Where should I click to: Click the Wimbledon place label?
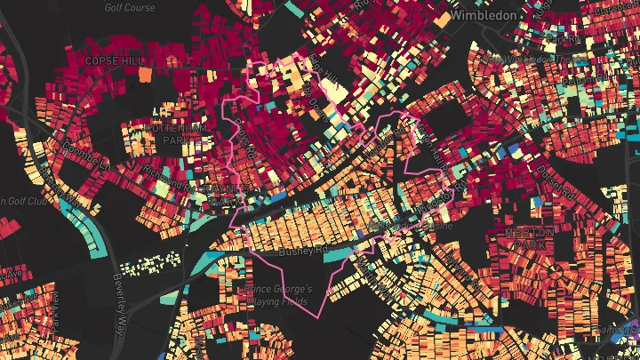point(484,15)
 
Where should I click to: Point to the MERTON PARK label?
point(529,237)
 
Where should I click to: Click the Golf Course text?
point(129,7)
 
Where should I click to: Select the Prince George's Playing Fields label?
point(276,296)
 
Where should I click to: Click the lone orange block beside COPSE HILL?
point(145,74)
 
